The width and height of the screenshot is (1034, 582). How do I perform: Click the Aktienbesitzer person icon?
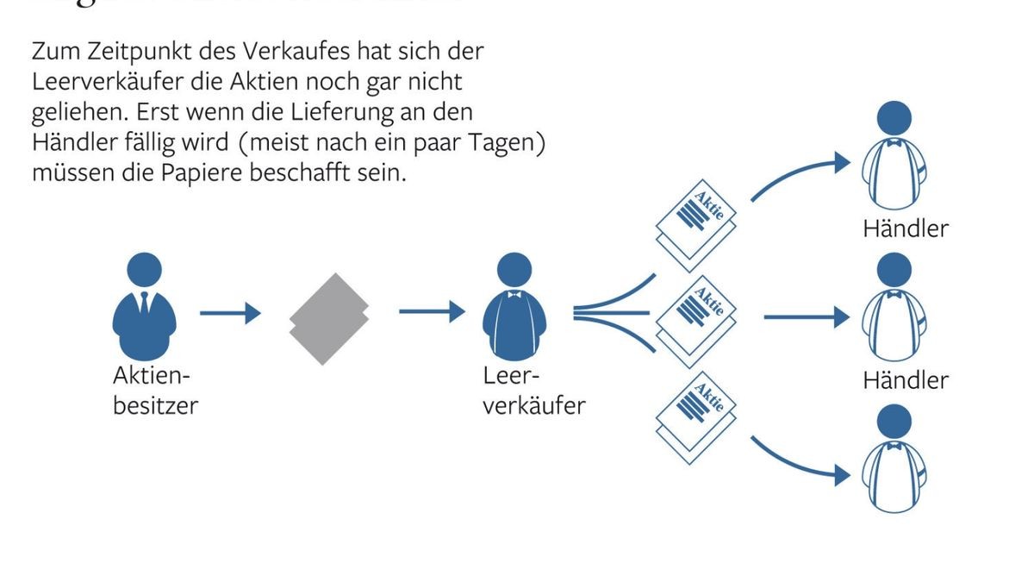pyautogui.click(x=144, y=309)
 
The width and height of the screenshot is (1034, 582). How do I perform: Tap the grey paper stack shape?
pyautogui.click(x=328, y=318)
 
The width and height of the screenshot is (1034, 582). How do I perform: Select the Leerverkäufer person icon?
pyautogui.click(x=514, y=309)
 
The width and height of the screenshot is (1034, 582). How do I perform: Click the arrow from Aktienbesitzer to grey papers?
pyautogui.click(x=230, y=314)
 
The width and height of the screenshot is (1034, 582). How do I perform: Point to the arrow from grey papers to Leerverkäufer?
pyautogui.click(x=431, y=310)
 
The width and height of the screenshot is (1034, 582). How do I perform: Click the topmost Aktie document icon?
pyautogui.click(x=698, y=221)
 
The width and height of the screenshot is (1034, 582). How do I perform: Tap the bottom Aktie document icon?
pyautogui.click(x=698, y=416)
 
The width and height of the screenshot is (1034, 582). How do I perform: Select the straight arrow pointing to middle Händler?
pyautogui.click(x=805, y=317)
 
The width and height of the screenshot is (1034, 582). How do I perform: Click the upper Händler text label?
pyautogui.click(x=905, y=229)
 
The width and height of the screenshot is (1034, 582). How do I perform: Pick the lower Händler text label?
pyautogui.click(x=905, y=380)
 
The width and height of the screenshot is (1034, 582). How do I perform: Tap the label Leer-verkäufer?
pyautogui.click(x=533, y=391)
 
